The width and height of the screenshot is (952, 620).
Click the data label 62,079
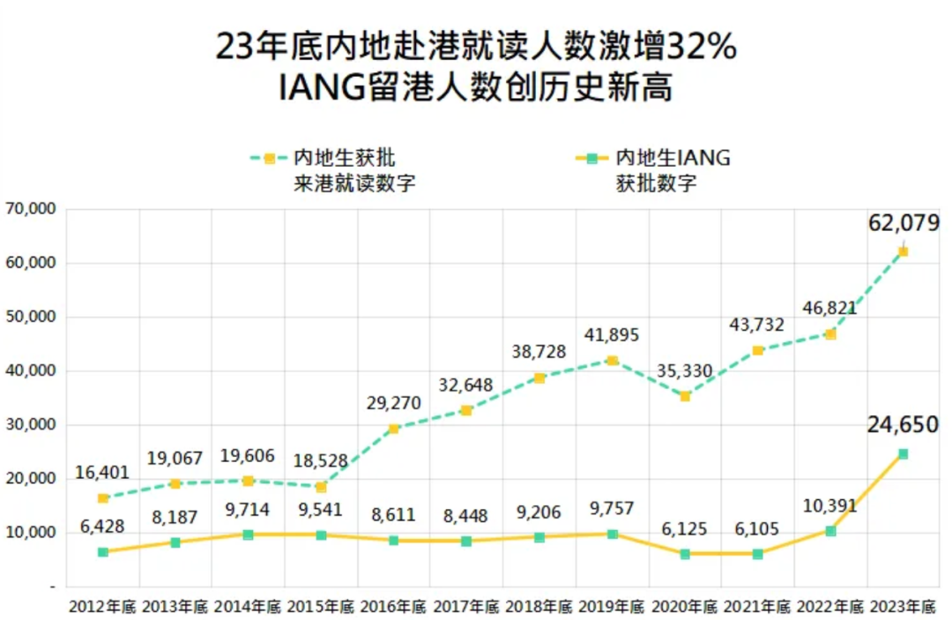[x=904, y=223]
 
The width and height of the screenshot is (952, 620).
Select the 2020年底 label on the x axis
[x=685, y=607]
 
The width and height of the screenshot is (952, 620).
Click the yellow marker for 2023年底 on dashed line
[x=903, y=252]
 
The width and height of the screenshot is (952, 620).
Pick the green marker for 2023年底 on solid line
[x=903, y=454]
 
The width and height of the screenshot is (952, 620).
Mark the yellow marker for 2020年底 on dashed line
[x=685, y=397]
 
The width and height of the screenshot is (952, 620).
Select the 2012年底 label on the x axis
[x=102, y=607]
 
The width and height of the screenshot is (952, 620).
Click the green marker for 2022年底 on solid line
[x=830, y=531]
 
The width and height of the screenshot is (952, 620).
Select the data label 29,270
[x=393, y=403]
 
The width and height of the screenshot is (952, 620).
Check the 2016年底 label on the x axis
[x=394, y=607]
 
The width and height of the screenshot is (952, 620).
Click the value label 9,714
[x=248, y=509]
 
